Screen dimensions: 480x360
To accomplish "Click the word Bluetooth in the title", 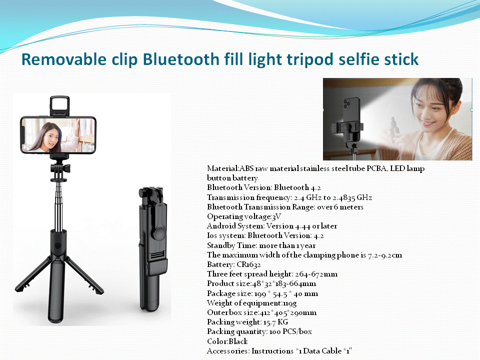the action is [x=181, y=59].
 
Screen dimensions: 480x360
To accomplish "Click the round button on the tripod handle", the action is [x=57, y=246].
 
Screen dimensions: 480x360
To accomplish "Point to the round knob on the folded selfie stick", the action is [x=160, y=232].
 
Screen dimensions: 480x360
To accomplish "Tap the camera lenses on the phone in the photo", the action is [x=346, y=104].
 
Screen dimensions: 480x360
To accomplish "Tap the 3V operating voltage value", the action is [x=276, y=216].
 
